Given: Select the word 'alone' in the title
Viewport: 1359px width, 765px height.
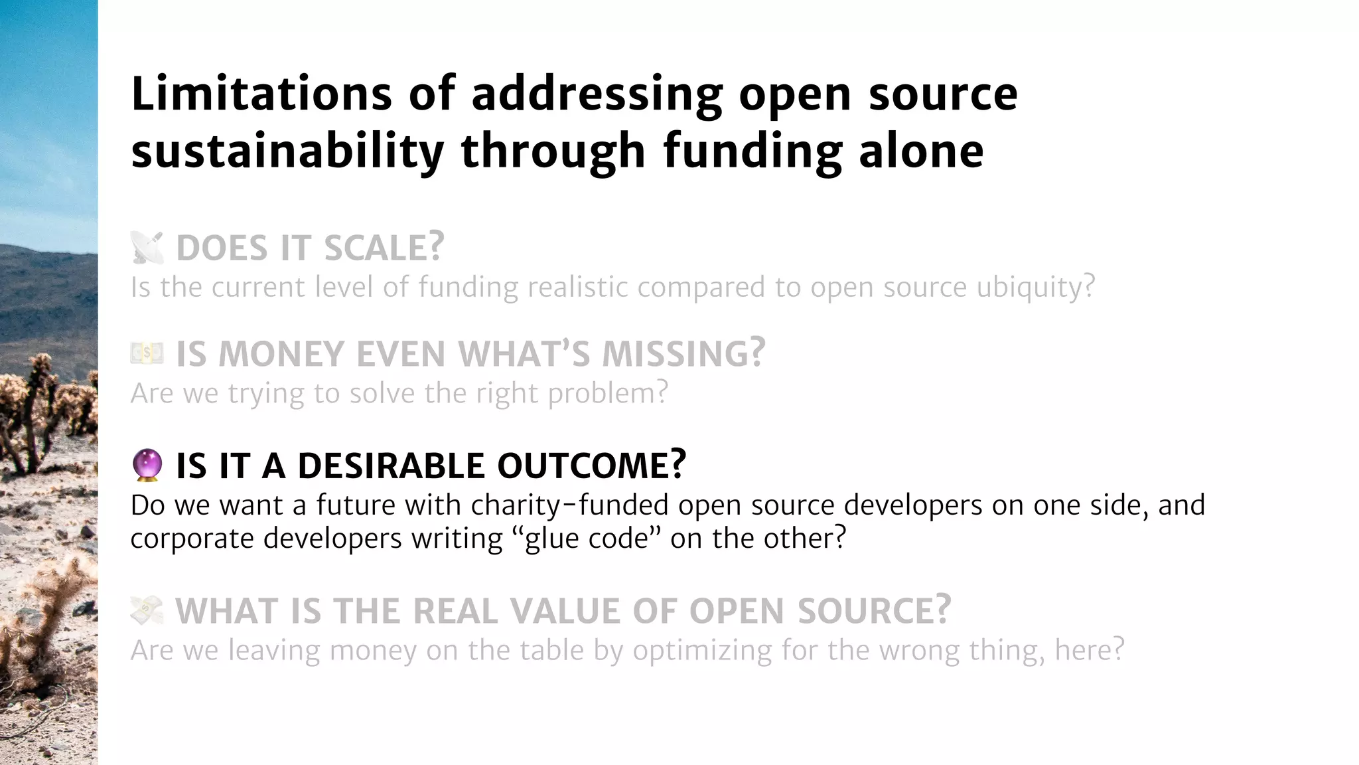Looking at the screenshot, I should click(x=920, y=151).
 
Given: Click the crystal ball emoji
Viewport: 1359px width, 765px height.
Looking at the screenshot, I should click(x=147, y=465).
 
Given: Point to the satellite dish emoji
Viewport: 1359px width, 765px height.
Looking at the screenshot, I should click(x=147, y=248).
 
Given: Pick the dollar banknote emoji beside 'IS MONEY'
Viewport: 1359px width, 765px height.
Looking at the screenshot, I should click(x=147, y=353).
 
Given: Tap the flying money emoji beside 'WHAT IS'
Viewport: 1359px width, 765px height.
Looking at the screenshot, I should click(x=147, y=610).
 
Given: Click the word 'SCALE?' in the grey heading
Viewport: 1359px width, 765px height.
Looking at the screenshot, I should click(x=384, y=248).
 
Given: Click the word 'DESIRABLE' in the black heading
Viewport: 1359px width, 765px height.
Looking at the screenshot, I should click(x=391, y=466).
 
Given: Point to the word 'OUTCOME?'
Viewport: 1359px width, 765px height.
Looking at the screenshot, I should click(x=591, y=466).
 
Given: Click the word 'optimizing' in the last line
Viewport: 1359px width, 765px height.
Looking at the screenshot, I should click(x=702, y=650).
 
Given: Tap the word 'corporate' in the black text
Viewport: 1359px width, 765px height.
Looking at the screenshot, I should click(x=192, y=539).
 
